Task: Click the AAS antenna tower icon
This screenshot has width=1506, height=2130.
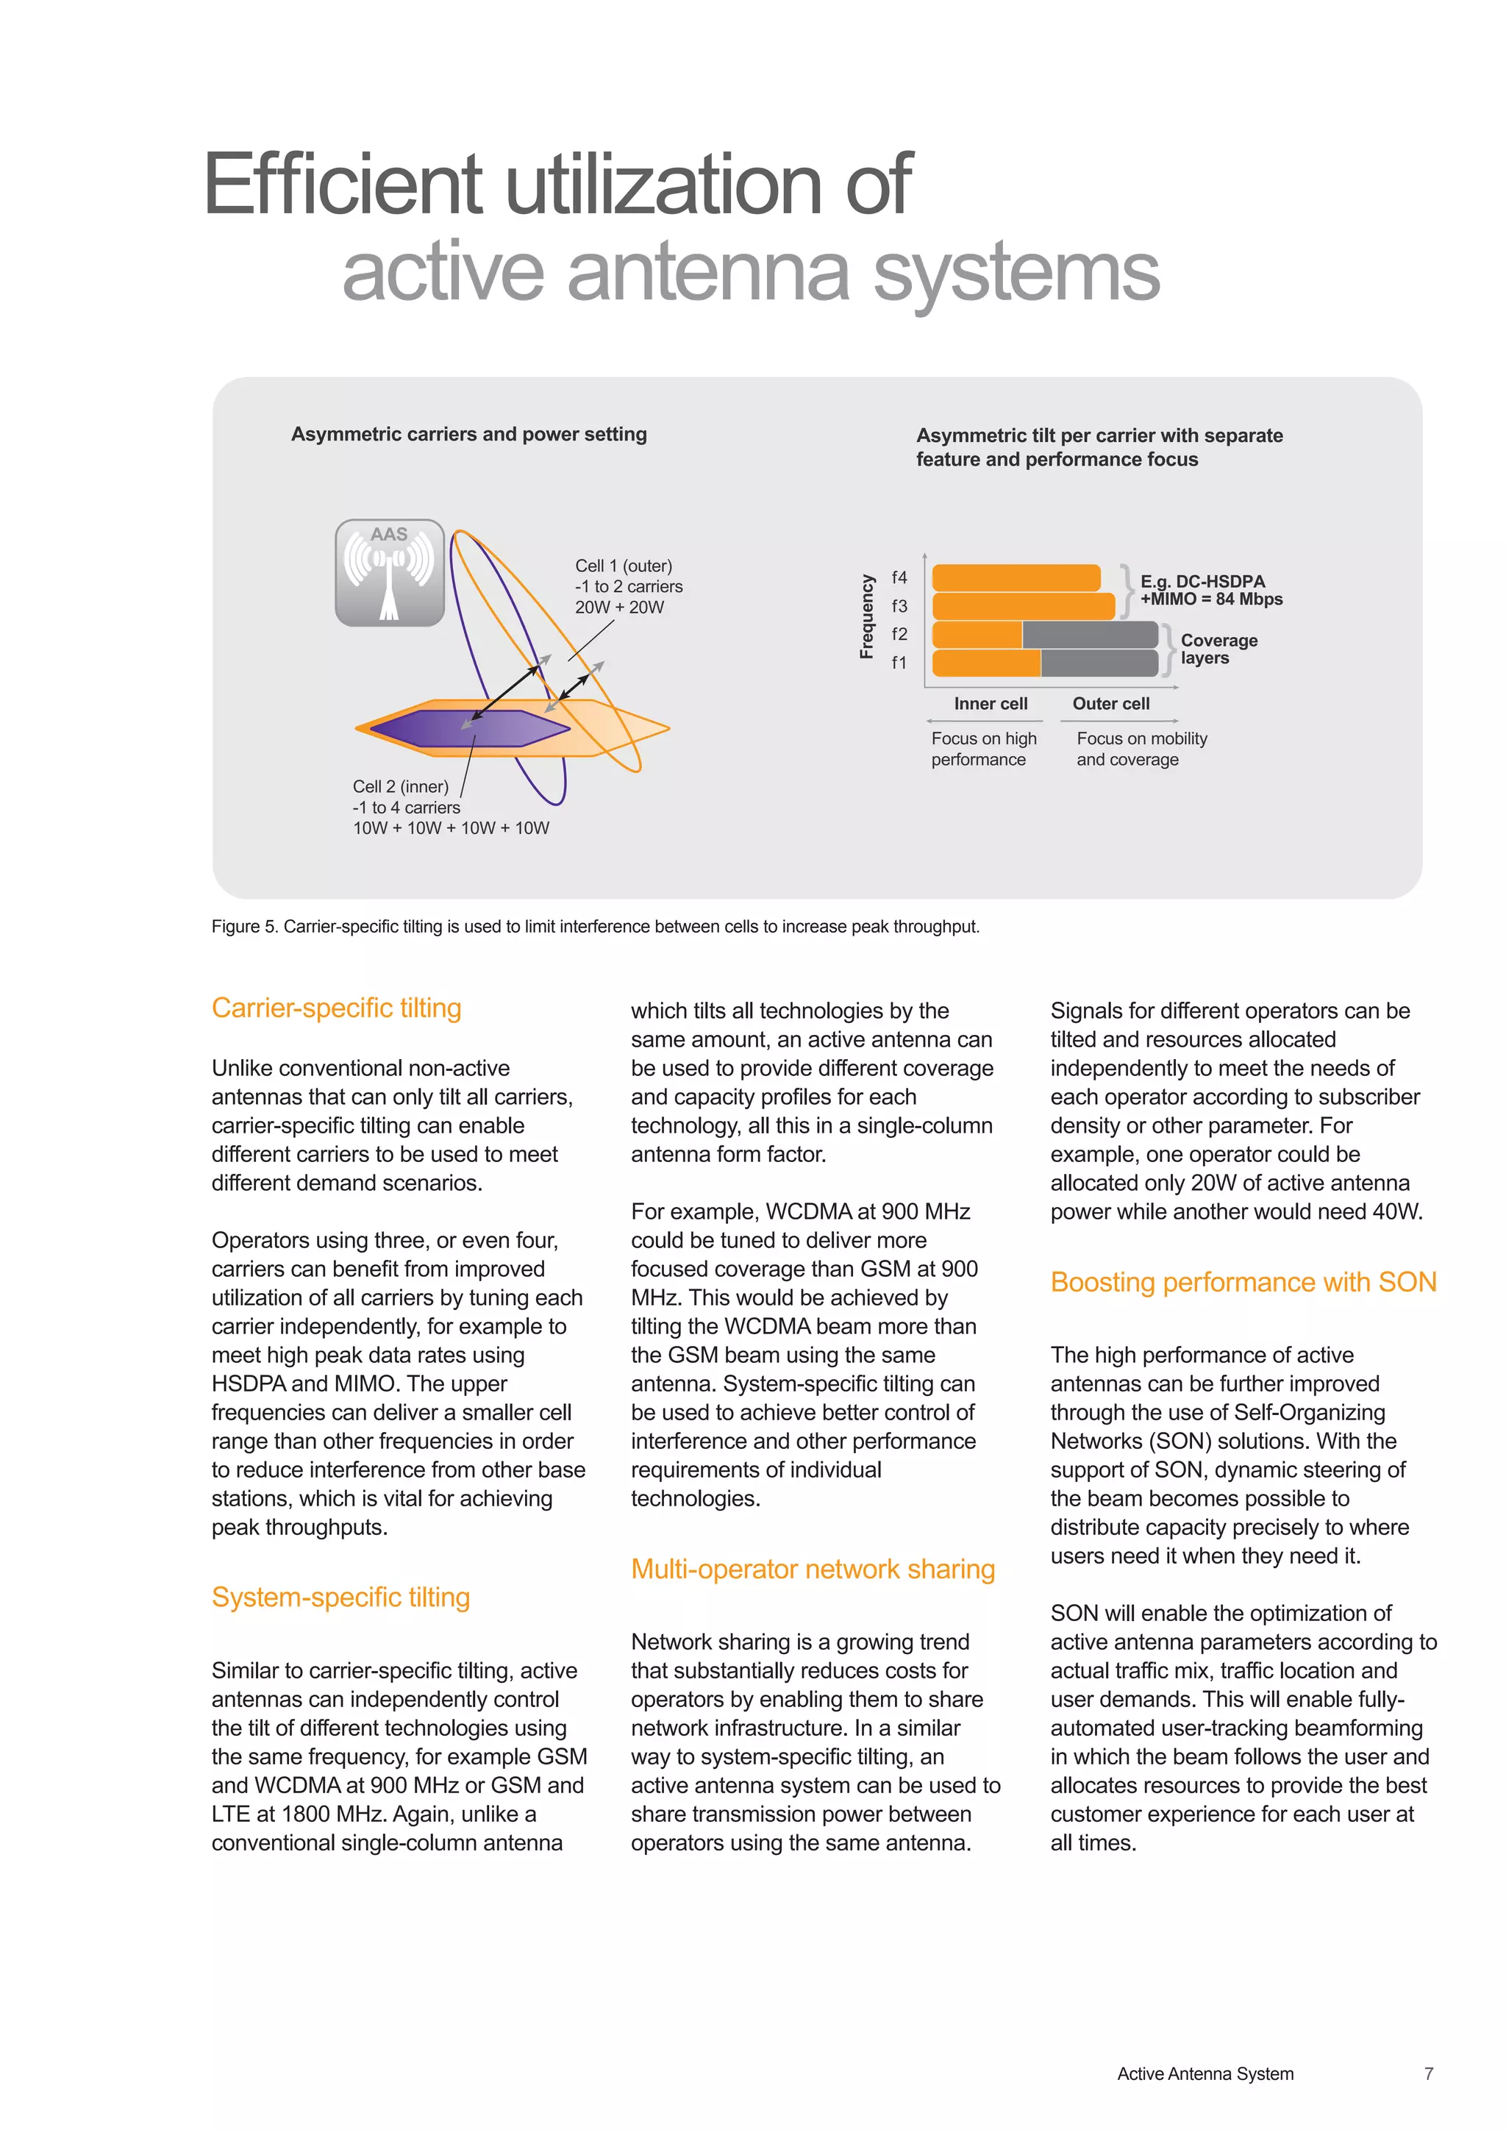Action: pos(390,573)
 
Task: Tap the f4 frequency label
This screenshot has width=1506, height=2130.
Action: pos(899,578)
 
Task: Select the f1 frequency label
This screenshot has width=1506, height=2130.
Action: pos(899,663)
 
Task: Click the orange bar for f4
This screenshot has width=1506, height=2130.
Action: pos(1016,578)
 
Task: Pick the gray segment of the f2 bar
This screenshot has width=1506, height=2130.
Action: pos(1090,635)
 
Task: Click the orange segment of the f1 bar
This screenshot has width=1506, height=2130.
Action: pos(986,663)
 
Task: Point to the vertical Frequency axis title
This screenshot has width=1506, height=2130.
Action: pos(867,617)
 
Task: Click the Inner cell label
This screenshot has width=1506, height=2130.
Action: pos(991,704)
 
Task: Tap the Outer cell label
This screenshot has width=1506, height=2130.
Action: pos(1111,704)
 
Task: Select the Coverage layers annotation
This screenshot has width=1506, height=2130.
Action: pos(1218,649)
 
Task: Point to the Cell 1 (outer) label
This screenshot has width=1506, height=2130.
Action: pos(623,566)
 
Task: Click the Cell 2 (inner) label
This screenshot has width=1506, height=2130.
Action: pos(401,787)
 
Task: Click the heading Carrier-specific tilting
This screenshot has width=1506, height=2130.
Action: pos(337,1008)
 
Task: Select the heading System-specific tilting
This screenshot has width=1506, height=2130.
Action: pos(340,1597)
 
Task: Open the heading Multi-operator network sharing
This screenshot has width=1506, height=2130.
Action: pos(813,1570)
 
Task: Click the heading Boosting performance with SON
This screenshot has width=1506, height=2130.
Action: pos(1243,1282)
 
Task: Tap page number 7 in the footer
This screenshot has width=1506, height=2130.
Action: pos(1428,2073)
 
